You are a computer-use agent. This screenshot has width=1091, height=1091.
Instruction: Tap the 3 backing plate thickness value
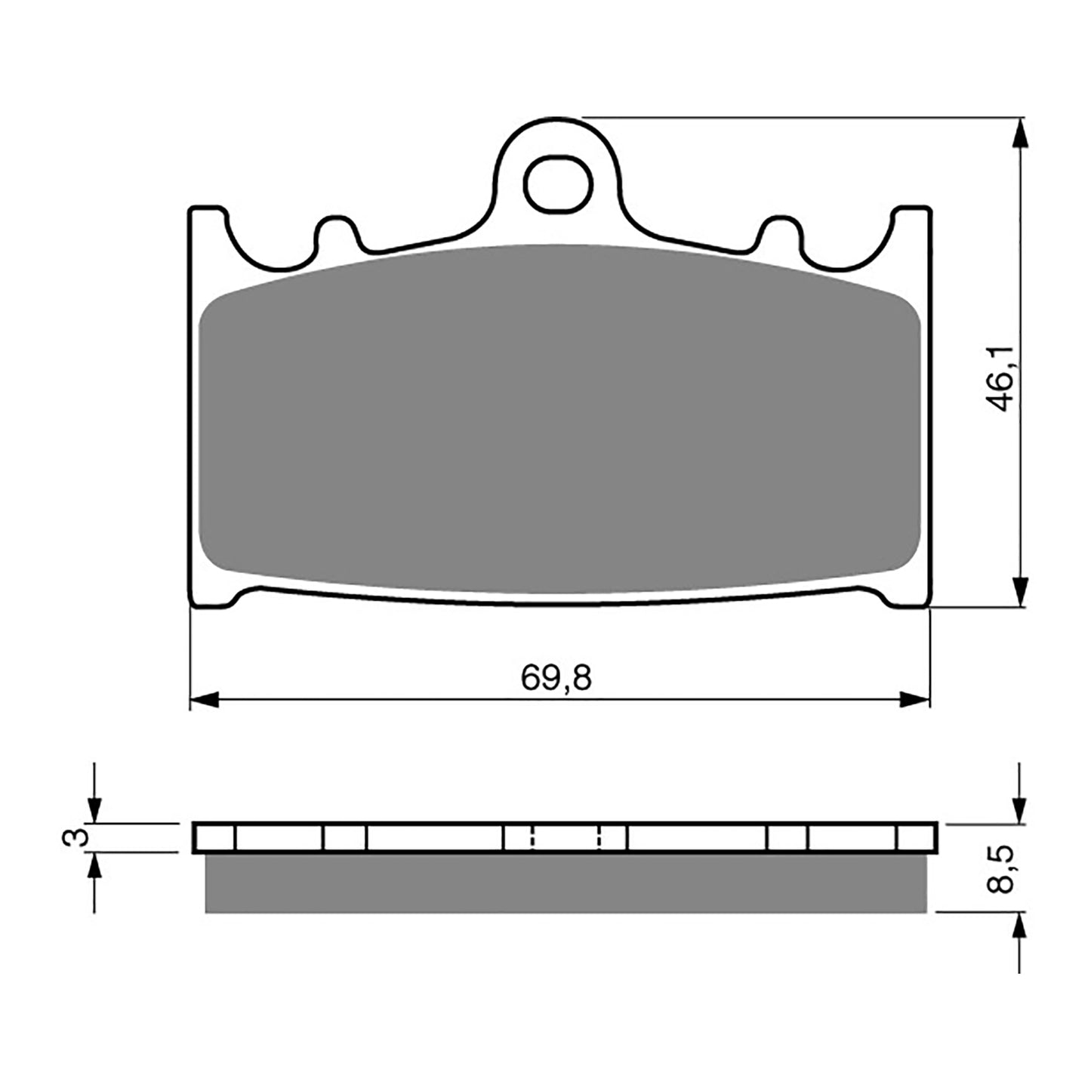[x=73, y=837]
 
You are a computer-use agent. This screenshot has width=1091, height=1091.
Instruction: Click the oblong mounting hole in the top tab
[x=559, y=185]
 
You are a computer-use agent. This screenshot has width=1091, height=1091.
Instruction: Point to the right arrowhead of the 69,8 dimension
[x=915, y=700]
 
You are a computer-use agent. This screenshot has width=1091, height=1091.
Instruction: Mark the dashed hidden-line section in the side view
[x=566, y=837]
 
